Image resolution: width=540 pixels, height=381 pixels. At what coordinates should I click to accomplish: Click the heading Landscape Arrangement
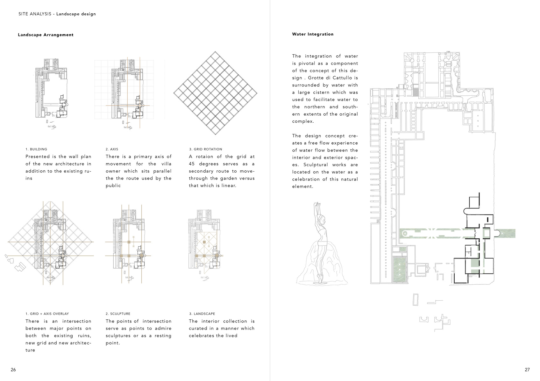46,35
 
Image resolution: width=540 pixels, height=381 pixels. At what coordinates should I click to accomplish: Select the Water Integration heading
313,34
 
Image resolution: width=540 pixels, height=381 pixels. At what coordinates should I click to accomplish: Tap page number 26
13,370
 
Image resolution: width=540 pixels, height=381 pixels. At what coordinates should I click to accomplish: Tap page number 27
527,370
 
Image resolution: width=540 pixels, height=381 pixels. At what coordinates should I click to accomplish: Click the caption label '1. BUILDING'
36,149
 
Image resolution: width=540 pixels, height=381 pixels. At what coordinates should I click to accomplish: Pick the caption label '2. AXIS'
112,149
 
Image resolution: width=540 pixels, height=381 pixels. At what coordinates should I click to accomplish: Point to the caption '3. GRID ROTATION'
205,149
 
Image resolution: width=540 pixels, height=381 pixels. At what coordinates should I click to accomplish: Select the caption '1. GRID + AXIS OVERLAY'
47,314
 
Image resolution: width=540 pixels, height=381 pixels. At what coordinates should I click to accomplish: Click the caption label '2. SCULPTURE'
118,314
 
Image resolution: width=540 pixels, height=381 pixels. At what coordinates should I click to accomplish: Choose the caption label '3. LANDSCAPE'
202,314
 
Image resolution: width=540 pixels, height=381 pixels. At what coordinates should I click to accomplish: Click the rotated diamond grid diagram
215,93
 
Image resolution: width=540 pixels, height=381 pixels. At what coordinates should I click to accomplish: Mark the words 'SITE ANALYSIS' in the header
35,14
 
